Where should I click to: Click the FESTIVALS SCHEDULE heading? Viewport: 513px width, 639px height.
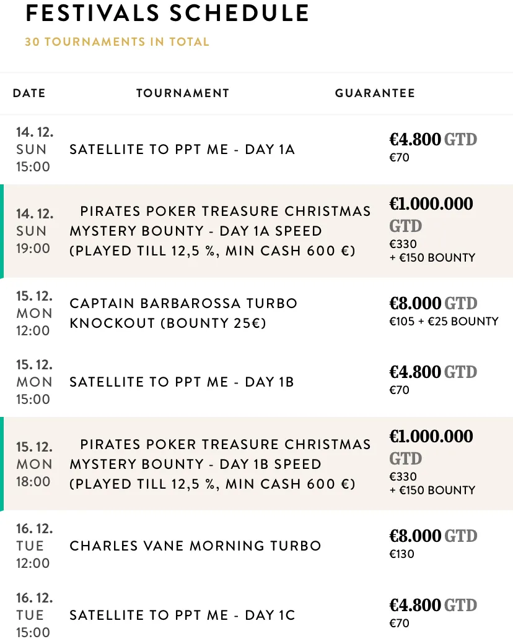(167, 14)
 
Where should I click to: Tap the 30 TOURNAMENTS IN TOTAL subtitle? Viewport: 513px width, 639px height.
(117, 42)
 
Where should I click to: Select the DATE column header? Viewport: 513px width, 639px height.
(29, 93)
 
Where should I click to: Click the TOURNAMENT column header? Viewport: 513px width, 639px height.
(183, 93)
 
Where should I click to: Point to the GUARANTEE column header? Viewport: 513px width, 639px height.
(375, 93)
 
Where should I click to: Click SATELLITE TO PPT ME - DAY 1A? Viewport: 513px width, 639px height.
(182, 150)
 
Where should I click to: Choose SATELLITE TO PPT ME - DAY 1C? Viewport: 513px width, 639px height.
(182, 615)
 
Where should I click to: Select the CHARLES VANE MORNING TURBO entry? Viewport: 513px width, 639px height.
(195, 546)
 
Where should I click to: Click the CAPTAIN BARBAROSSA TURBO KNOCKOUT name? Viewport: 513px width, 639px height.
(183, 314)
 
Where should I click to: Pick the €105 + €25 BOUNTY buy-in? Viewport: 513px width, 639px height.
(444, 321)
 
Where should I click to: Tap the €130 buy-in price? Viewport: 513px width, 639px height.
(401, 554)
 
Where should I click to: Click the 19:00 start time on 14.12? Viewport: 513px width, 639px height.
(33, 249)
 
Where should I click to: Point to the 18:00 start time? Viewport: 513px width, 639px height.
(33, 481)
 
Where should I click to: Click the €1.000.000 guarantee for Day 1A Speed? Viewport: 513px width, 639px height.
(431, 204)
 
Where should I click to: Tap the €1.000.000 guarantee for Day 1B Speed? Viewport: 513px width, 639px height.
(431, 437)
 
